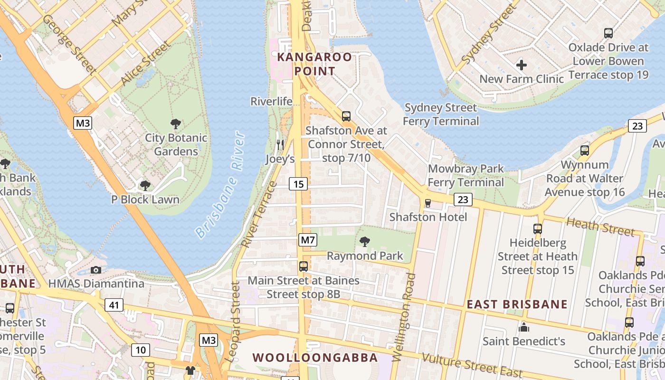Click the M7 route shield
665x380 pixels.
click(307, 240)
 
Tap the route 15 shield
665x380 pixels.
click(298, 184)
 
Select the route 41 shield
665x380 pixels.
click(114, 305)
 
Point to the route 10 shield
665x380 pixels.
click(141, 350)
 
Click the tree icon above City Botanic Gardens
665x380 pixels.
click(176, 124)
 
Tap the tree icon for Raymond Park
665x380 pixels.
click(365, 242)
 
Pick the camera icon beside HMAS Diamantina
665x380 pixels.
click(96, 270)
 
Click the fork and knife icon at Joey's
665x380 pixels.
click(280, 144)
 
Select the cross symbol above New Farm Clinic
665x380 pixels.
click(522, 65)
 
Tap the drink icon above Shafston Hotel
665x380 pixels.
click(427, 203)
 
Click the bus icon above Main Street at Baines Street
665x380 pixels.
click(304, 266)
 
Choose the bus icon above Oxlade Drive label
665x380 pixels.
click(608, 33)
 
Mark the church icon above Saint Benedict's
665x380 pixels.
click(524, 327)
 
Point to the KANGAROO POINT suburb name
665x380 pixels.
click(314, 64)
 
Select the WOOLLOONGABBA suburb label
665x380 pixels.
click(315, 357)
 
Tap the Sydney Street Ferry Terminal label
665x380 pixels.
click(441, 114)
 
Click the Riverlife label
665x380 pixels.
click(272, 101)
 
